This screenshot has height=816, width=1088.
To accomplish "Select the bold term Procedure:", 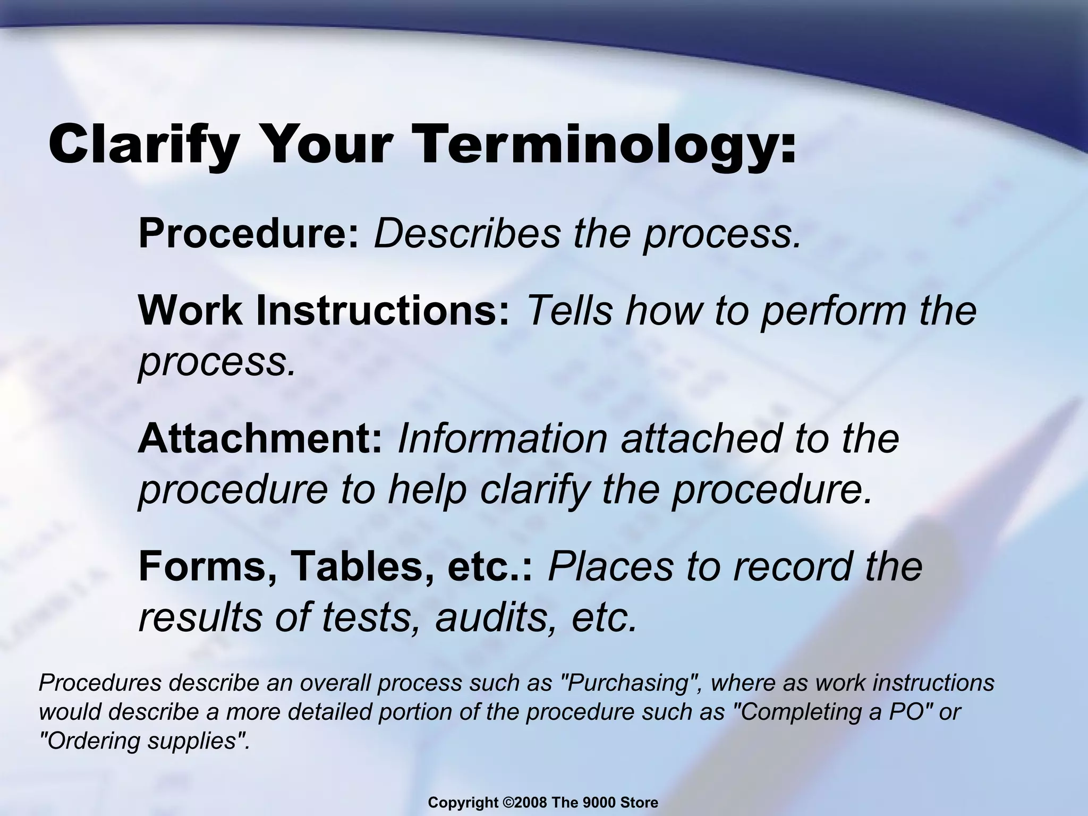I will click(249, 233).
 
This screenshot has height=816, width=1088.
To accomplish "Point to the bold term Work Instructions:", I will click(324, 311).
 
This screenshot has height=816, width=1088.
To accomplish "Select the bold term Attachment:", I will click(260, 438).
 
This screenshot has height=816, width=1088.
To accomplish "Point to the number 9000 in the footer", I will click(606, 803).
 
